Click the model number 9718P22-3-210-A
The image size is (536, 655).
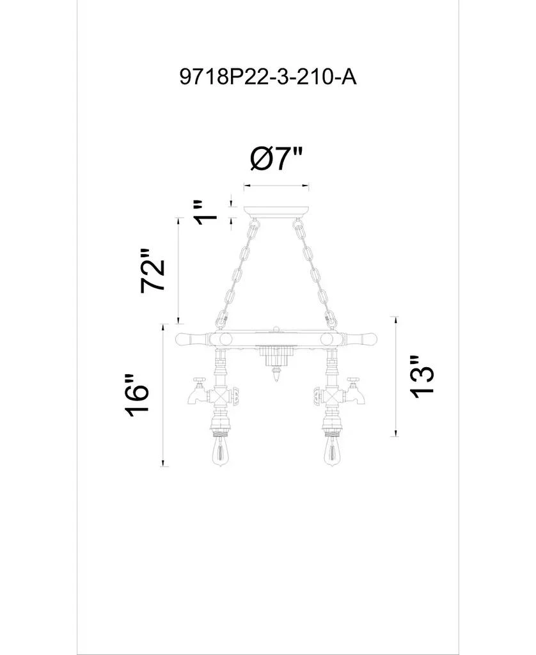[267, 78]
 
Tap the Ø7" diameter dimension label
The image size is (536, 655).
[276, 159]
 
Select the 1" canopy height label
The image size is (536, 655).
[206, 212]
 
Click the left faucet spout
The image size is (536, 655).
[194, 398]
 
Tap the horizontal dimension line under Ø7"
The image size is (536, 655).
[276, 187]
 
